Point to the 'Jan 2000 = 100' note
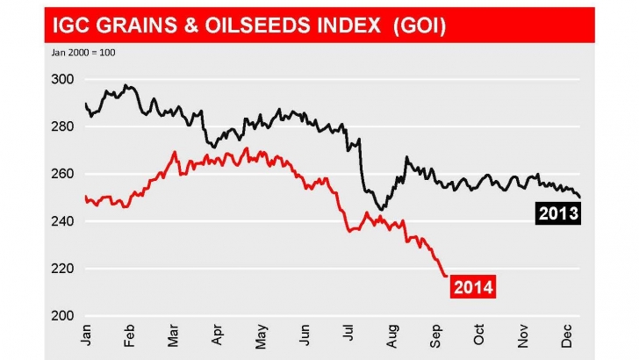(x=79, y=53)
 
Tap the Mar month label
(x=174, y=335)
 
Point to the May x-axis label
(x=262, y=335)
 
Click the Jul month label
(x=348, y=335)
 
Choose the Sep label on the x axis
(x=436, y=335)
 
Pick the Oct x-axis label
(x=479, y=335)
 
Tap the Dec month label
(x=567, y=335)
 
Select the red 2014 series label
(x=472, y=285)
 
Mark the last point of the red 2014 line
(x=445, y=276)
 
